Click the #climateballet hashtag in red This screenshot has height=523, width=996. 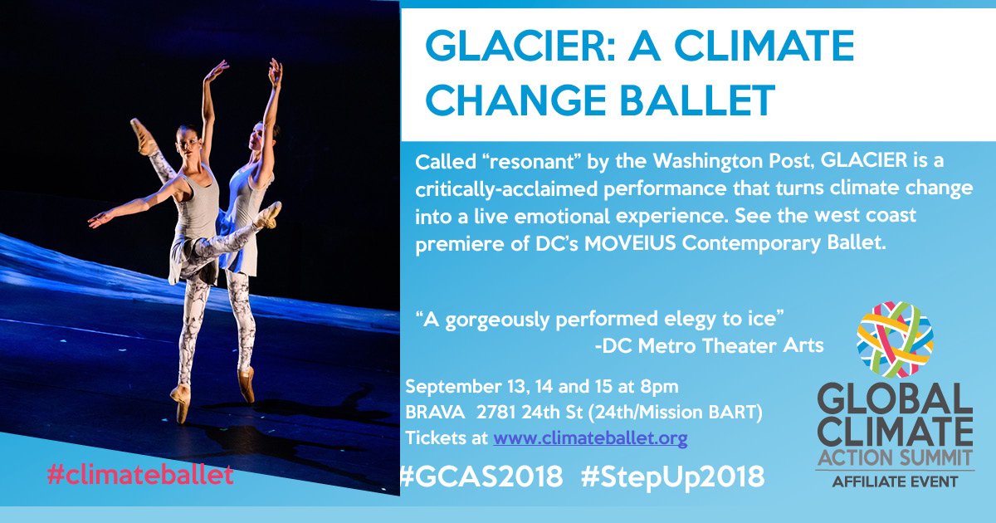(140, 476)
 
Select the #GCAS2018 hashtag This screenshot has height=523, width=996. (481, 477)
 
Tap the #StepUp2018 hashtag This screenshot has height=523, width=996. (671, 477)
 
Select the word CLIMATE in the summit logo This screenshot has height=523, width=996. (894, 431)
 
